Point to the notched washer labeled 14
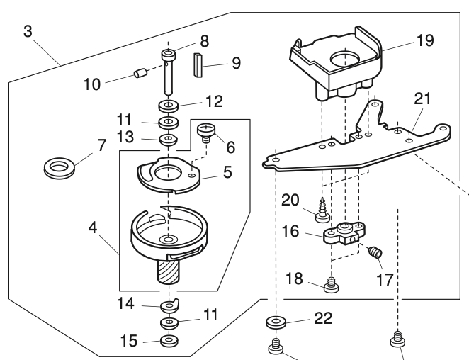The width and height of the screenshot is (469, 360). (x=169, y=306)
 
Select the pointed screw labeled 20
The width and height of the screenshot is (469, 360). (x=324, y=211)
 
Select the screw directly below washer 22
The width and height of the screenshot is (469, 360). (x=276, y=347)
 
